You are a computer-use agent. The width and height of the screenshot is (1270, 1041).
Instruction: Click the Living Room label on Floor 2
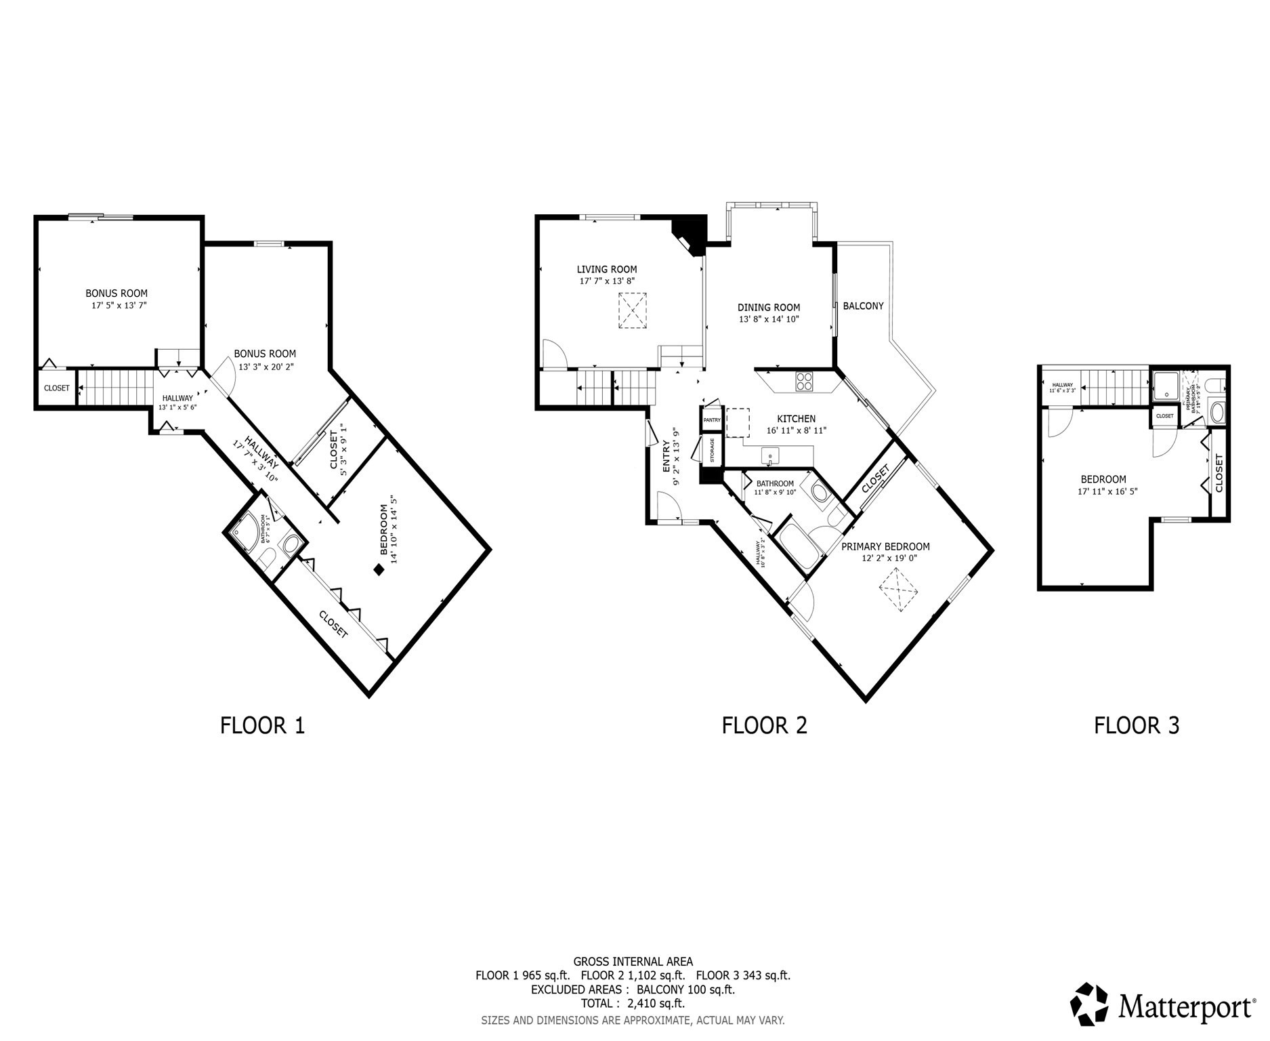[606, 269]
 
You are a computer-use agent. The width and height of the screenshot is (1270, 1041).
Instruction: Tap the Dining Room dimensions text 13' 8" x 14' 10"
[769, 319]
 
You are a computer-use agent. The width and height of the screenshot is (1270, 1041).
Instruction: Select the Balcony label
[862, 306]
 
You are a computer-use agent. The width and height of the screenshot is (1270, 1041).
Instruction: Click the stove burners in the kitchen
[804, 382]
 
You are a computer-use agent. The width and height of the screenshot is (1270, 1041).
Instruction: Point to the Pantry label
[711, 420]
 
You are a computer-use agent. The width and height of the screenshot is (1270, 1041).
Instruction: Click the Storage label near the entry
[712, 450]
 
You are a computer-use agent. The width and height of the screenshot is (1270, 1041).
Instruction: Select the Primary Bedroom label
[885, 546]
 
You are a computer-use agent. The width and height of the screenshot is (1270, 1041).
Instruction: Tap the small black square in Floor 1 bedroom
[379, 570]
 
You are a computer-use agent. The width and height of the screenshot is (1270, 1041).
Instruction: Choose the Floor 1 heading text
[262, 725]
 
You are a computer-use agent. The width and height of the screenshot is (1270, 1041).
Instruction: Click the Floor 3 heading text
[1136, 725]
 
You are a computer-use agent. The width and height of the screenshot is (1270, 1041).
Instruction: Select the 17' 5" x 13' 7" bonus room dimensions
[119, 306]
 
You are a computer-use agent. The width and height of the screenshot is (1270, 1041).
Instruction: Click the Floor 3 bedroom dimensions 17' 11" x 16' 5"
[1107, 491]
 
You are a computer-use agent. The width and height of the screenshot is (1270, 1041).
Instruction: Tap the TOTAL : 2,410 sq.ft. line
[632, 1003]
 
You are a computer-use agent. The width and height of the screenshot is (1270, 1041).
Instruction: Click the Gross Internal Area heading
[632, 961]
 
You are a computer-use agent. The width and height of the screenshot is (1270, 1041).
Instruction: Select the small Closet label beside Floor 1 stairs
[56, 388]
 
